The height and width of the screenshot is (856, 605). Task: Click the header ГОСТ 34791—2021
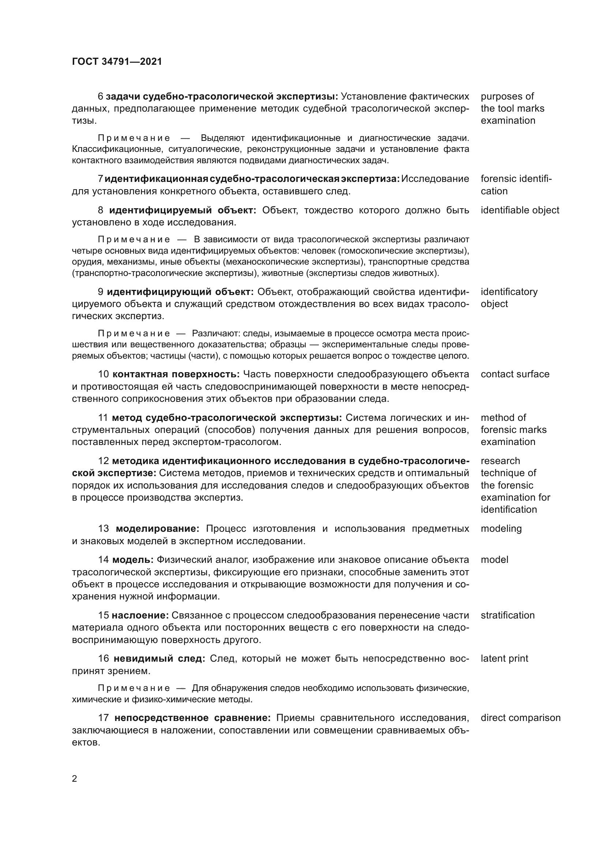click(117, 61)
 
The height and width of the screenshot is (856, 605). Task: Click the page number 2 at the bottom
click(75, 779)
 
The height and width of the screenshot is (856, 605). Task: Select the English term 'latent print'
click(504, 658)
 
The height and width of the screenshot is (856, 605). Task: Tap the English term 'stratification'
click(507, 615)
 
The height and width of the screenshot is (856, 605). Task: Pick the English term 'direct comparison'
click(521, 718)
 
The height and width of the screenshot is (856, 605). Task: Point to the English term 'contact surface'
click(515, 374)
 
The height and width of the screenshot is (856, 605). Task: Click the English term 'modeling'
click(501, 528)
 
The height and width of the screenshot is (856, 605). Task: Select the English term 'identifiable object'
click(520, 210)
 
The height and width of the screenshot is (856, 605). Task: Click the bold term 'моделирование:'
click(158, 528)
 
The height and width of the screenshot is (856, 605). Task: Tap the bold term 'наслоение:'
click(140, 615)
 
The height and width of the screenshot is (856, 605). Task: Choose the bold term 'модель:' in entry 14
click(133, 560)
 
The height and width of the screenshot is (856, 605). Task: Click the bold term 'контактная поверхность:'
click(176, 374)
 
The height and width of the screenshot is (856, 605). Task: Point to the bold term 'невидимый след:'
click(159, 658)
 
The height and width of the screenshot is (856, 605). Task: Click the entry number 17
click(103, 718)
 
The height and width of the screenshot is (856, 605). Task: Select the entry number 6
click(100, 96)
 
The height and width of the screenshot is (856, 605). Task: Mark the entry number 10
click(103, 374)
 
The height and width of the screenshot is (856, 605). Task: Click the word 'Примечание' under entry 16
click(134, 688)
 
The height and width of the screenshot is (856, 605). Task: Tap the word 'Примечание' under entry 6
click(134, 138)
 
